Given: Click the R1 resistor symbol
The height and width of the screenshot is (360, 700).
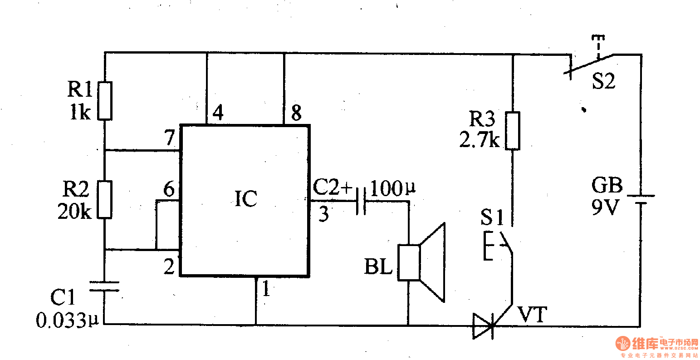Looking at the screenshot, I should pos(105,101).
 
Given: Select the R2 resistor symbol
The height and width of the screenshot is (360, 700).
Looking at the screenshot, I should pos(105,200).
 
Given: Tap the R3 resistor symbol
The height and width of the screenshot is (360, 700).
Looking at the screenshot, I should pos(512,131).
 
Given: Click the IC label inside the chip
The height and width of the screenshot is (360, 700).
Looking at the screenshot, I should pos(245,199).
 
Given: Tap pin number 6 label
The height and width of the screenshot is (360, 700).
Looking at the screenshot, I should pos(169,190).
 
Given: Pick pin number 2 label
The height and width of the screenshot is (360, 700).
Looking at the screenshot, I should pos(169,267).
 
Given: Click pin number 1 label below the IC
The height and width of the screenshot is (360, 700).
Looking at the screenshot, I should pos(266,289).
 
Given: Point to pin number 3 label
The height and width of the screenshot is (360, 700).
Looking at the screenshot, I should pos(323,214).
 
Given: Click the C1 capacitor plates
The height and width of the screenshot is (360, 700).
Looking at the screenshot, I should pos(104,286).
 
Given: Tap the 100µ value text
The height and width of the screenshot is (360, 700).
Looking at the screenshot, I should pos(393,187).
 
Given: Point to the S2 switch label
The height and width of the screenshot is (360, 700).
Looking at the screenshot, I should pos(603,82).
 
